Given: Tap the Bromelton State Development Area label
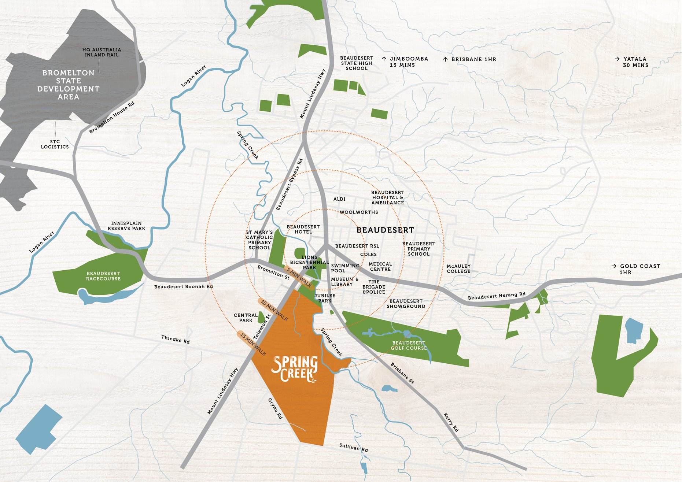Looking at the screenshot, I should [68, 85].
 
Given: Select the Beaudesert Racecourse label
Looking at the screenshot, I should [103, 276].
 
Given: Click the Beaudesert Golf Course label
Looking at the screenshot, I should [409, 345].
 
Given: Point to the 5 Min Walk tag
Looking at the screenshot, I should [299, 278].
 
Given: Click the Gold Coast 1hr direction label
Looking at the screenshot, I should [636, 269].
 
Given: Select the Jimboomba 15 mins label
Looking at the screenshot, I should [405, 62].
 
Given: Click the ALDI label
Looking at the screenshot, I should [339, 199].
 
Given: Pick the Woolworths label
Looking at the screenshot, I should [359, 212].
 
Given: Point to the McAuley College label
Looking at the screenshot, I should [458, 269].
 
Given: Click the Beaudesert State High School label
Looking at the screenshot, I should [357, 63].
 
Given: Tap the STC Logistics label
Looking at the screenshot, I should [55, 144].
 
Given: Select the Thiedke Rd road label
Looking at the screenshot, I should [176, 340].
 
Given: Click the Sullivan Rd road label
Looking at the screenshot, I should [353, 447].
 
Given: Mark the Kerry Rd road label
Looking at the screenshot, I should [451, 422].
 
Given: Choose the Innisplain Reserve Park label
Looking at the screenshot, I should [126, 226].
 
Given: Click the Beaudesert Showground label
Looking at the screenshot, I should [406, 304].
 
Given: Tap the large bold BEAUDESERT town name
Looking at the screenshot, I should [385, 230].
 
